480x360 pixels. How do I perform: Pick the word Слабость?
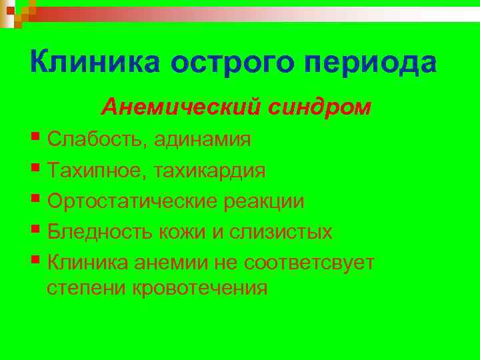click(98, 140)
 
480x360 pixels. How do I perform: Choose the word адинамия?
click(203, 141)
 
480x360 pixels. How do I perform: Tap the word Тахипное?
click(97, 171)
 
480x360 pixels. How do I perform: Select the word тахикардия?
click(210, 171)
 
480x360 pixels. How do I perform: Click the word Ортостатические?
click(129, 202)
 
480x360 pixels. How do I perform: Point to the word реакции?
click(261, 202)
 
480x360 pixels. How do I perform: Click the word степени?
click(87, 289)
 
